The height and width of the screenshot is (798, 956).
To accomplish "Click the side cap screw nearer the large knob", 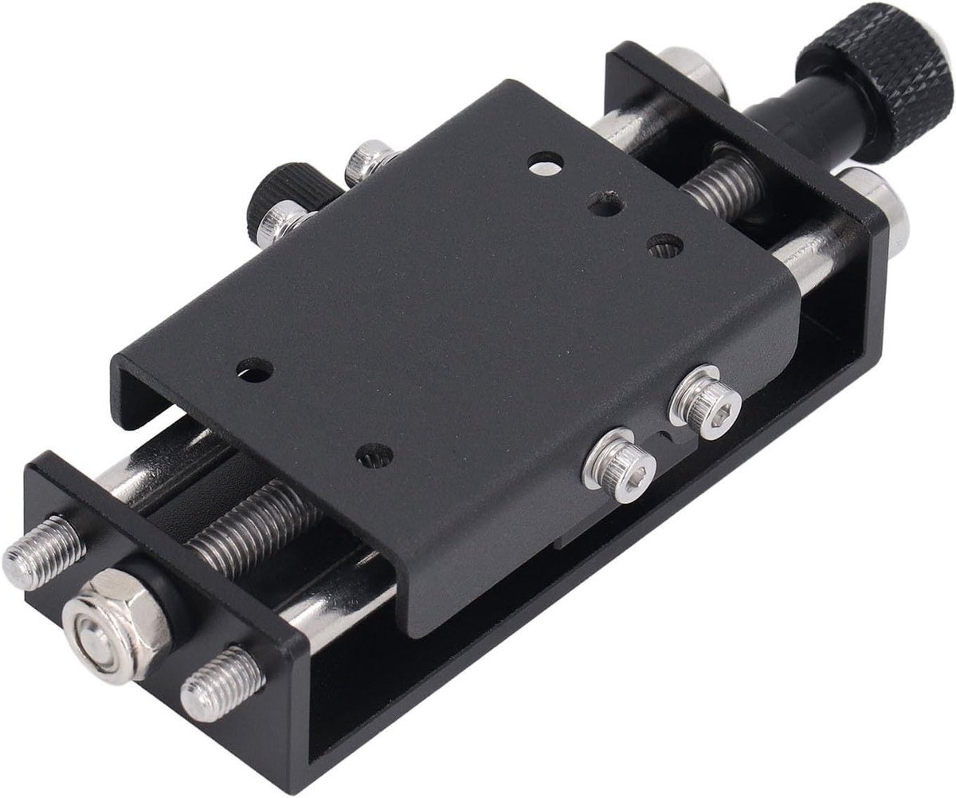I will pyautogui.click(x=706, y=403).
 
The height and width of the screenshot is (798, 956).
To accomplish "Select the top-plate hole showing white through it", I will pyautogui.click(x=545, y=163).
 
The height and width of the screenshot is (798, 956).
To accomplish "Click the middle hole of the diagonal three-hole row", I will pyautogui.click(x=604, y=205).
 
